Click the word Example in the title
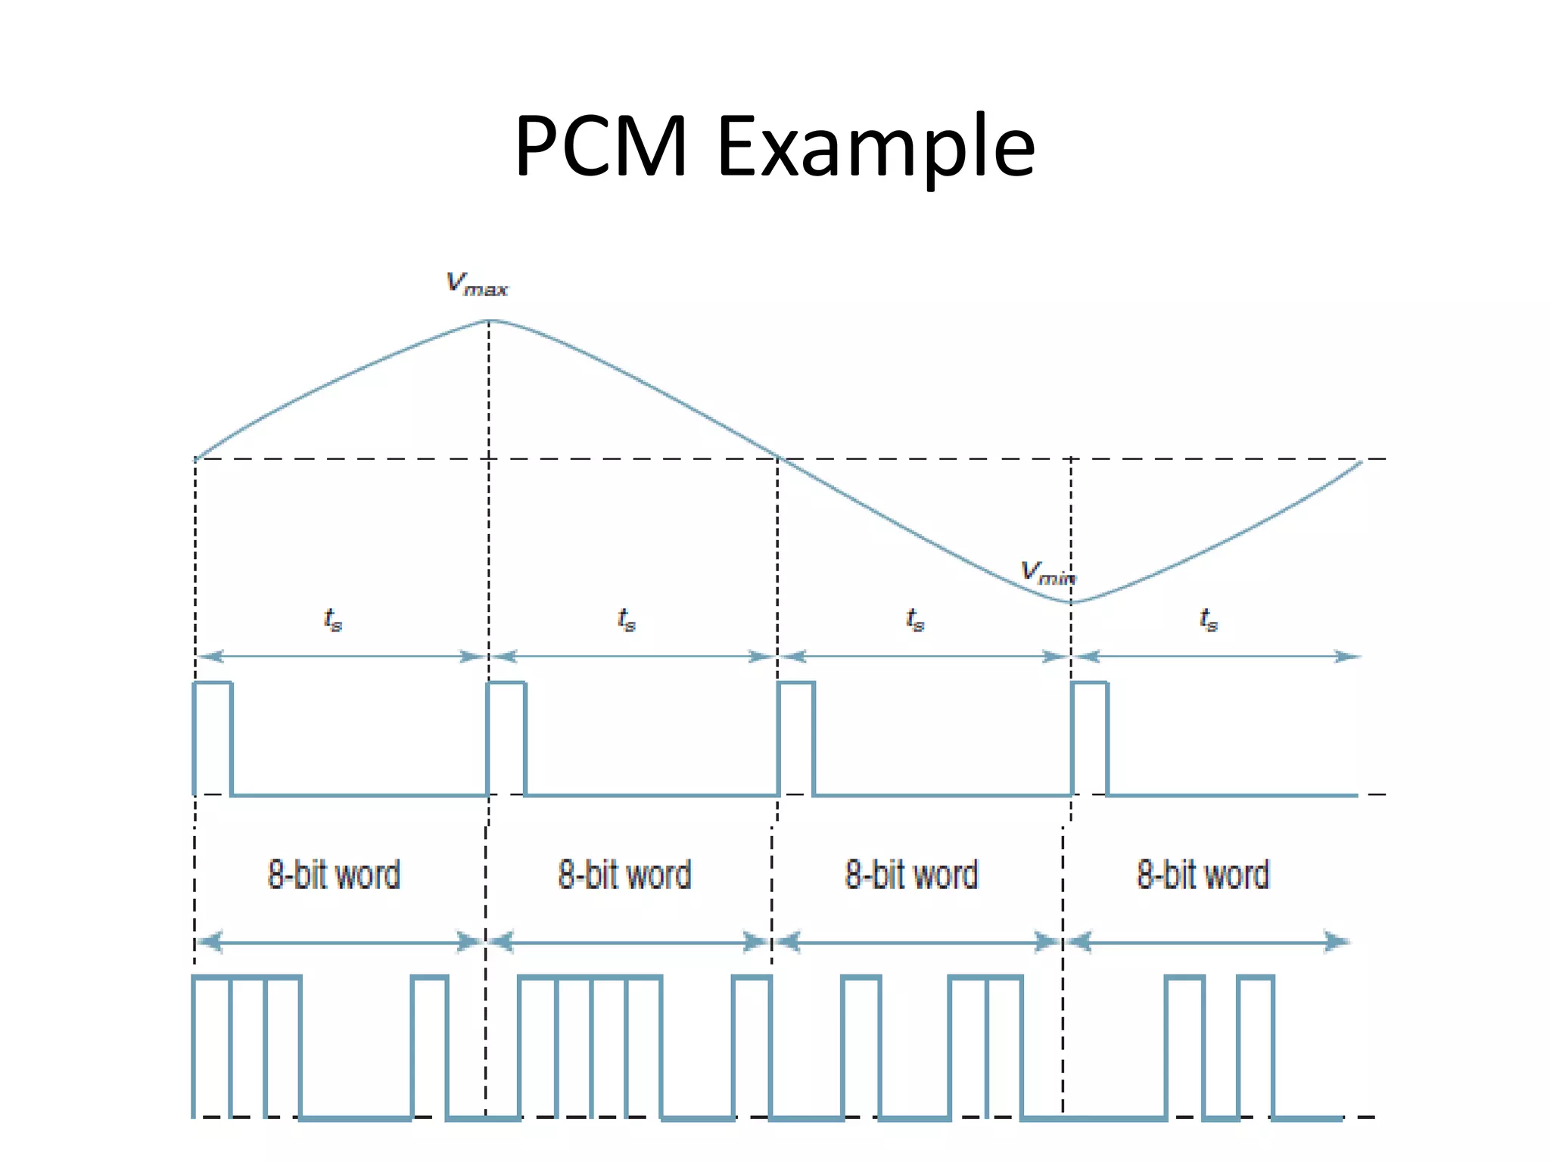[876, 148]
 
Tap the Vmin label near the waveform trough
[1047, 573]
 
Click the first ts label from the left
[333, 620]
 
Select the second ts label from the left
[626, 620]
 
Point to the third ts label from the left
[915, 620]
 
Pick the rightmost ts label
[1209, 620]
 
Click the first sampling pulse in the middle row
[213, 738]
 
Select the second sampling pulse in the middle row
[506, 738]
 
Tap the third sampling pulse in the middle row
[796, 738]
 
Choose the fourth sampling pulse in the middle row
[1090, 738]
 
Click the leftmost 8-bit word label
[334, 875]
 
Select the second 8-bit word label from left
[624, 875]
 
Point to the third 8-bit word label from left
[911, 875]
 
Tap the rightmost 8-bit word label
[1203, 875]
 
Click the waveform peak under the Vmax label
[489, 321]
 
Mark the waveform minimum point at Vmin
[1071, 602]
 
